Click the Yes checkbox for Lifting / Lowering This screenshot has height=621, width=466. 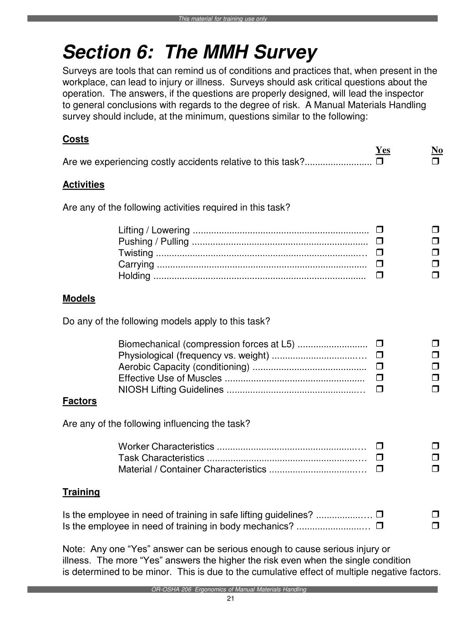point(380,229)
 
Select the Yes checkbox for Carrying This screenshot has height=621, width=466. point(380,263)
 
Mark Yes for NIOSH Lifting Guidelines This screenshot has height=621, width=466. point(380,389)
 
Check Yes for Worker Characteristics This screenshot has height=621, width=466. point(380,445)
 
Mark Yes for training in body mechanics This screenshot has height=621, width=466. point(380,525)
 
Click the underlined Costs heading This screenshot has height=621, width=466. point(76,139)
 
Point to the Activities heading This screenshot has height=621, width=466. point(83,185)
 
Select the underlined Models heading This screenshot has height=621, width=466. point(79,298)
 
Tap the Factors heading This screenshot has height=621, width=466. point(80,401)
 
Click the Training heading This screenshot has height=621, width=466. point(81,492)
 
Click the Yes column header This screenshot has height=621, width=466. point(383,150)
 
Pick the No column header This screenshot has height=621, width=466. point(437,150)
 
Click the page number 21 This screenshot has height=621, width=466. point(230,598)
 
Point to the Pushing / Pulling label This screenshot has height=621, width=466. point(153,242)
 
